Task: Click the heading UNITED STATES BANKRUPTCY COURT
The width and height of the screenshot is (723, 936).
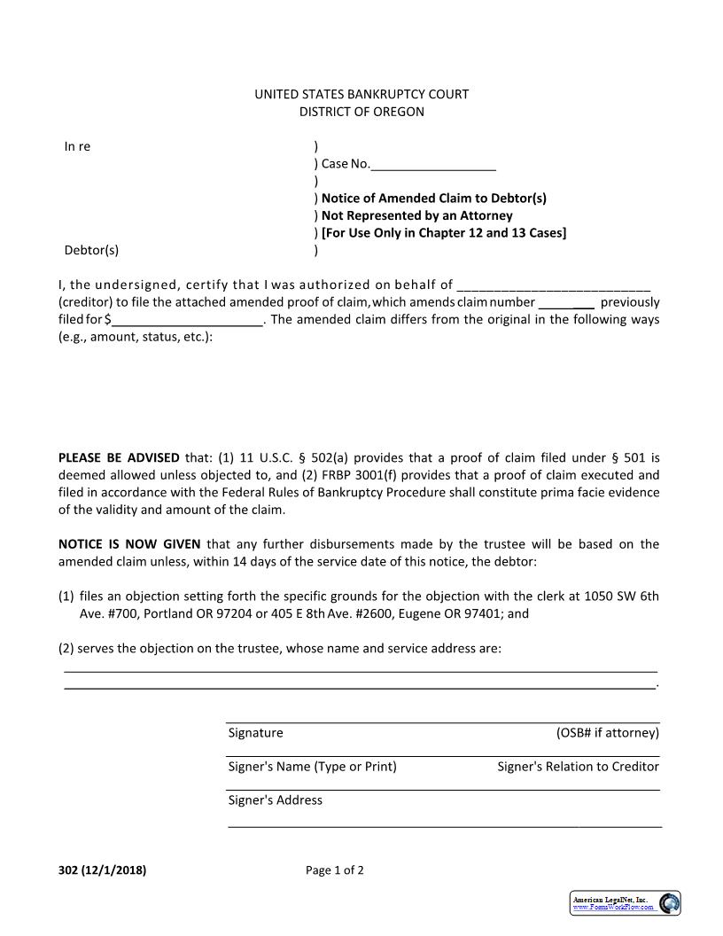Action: click(361, 94)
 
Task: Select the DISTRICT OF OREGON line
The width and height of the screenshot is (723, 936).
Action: click(361, 112)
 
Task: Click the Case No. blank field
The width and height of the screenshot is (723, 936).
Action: click(433, 165)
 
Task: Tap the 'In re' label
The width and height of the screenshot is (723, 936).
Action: click(77, 146)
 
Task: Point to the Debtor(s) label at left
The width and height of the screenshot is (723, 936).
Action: click(91, 250)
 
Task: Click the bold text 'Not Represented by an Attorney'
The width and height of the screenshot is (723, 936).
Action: click(416, 215)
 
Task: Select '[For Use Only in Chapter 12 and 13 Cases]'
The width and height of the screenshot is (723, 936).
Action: click(443, 233)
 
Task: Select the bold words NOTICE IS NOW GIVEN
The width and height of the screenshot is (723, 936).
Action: click(129, 544)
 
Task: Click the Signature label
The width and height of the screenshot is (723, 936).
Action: click(256, 733)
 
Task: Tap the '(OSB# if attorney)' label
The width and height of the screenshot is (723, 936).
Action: click(607, 733)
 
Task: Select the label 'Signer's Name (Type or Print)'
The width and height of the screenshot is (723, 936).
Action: click(312, 767)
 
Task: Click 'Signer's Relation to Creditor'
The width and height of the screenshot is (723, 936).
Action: click(578, 767)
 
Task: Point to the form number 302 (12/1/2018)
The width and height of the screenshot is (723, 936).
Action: click(103, 870)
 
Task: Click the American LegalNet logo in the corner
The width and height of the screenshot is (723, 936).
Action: click(625, 902)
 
